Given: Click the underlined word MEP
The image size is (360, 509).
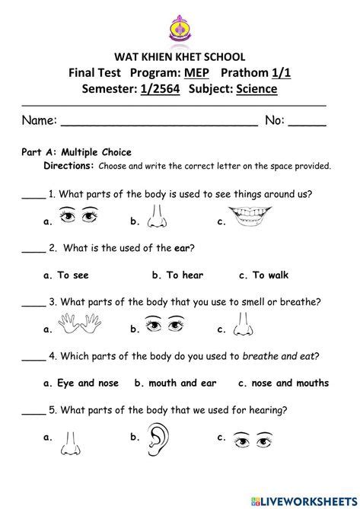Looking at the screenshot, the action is (x=195, y=73).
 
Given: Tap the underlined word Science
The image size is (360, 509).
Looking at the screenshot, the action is (x=256, y=90).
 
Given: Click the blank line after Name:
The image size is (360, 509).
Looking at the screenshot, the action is (x=158, y=121).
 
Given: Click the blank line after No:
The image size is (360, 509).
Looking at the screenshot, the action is (x=307, y=121).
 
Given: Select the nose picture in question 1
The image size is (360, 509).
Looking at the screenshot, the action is (x=158, y=218).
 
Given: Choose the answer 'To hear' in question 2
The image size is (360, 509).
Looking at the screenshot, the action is (x=178, y=275).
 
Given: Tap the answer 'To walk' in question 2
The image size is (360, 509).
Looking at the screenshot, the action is (x=263, y=275).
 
